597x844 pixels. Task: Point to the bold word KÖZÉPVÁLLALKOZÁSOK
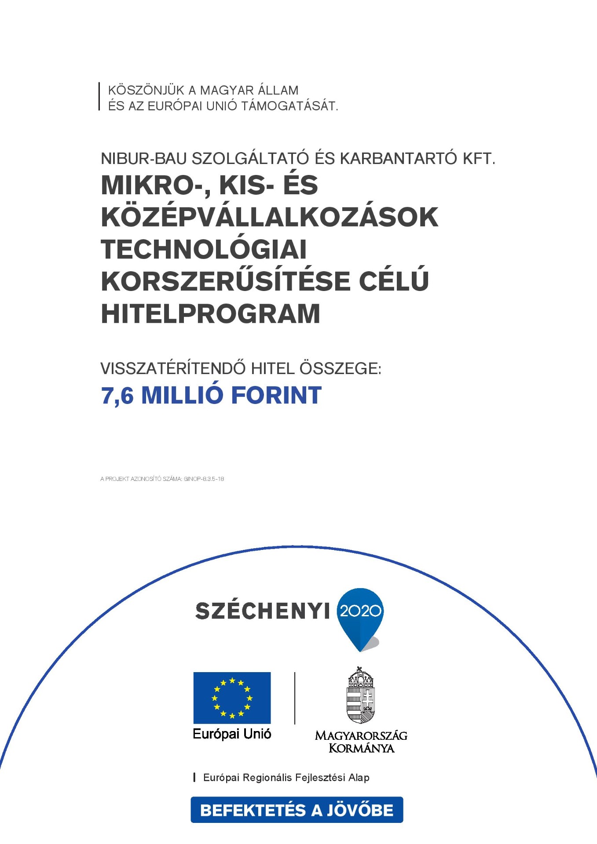click(x=270, y=217)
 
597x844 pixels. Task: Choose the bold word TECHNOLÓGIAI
click(x=204, y=249)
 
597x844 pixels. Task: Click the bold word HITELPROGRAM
click(x=211, y=314)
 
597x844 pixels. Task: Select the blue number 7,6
click(x=117, y=396)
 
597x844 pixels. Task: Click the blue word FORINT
click(x=276, y=395)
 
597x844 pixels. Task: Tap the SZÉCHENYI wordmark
click(x=262, y=611)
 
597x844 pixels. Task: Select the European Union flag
click(x=232, y=698)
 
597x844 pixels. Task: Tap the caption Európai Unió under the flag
click(x=232, y=734)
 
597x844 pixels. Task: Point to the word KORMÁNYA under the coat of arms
click(x=361, y=748)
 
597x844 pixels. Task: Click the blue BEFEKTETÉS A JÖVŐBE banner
click(x=297, y=810)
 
